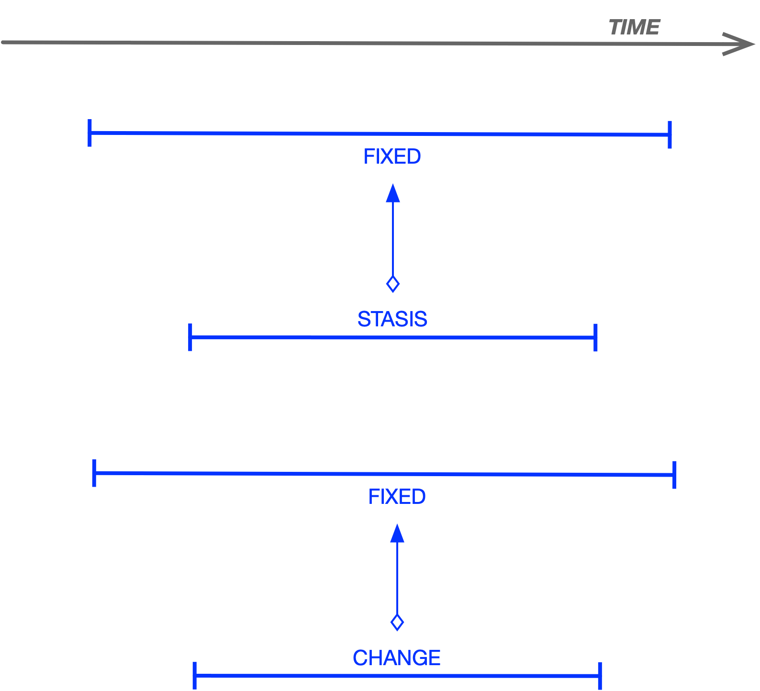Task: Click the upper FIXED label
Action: pyautogui.click(x=391, y=159)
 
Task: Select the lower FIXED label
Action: pyautogui.click(x=397, y=498)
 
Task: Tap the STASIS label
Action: pyautogui.click(x=391, y=317)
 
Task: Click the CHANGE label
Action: pyautogui.click(x=395, y=655)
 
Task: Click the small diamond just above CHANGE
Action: pyautogui.click(x=397, y=623)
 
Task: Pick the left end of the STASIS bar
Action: pyautogui.click(x=190, y=338)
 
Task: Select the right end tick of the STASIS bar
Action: pyautogui.click(x=596, y=337)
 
